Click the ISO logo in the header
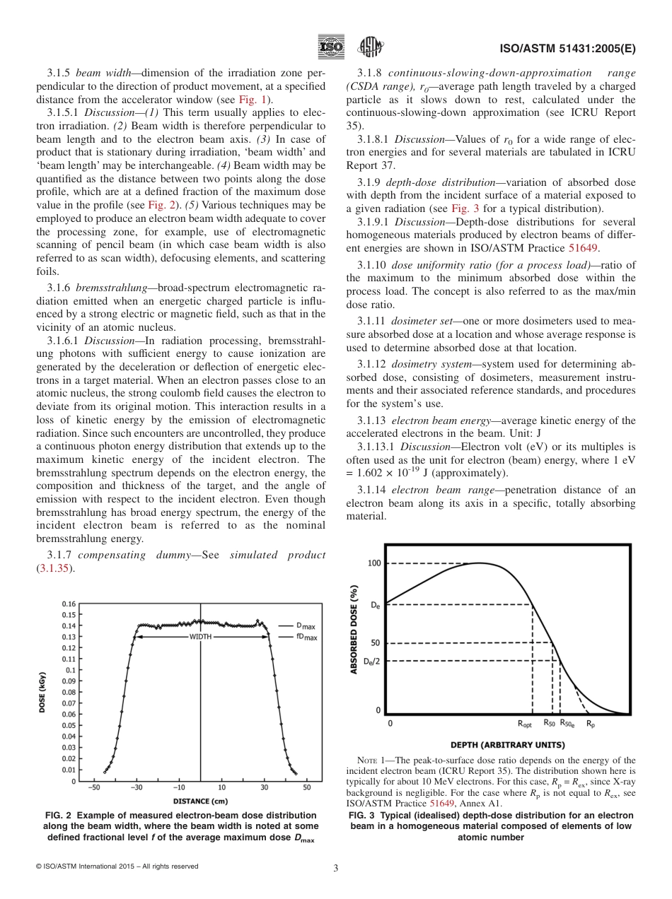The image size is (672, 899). [x=331, y=47]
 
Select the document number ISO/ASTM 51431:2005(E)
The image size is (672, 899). [x=567, y=49]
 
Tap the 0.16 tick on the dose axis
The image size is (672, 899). [x=68, y=604]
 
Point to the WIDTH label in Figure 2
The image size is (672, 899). [x=202, y=637]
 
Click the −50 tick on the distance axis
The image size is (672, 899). [x=93, y=787]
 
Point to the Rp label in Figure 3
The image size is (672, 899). [x=591, y=724]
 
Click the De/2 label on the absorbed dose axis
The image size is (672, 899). [x=371, y=662]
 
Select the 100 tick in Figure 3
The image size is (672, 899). [x=373, y=563]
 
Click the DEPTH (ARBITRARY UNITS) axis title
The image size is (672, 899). [x=507, y=744]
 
